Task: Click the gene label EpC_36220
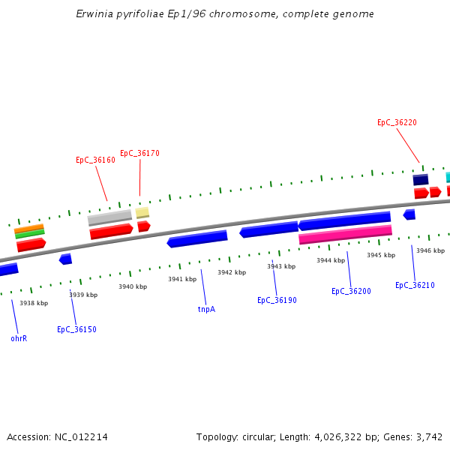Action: coord(397,122)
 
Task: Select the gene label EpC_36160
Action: coord(95,160)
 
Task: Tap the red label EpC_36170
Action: coord(139,153)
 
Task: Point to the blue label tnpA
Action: coord(206,309)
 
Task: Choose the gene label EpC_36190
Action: coord(277,300)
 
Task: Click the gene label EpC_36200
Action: coord(351,291)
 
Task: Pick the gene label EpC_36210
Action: coord(415,285)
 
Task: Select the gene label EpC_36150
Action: coord(76,329)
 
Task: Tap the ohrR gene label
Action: coord(19,338)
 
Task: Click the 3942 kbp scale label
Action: coord(232,272)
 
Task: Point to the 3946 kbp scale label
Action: coord(430,250)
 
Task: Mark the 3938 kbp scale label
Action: coord(34,303)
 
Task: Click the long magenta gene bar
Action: coord(345,235)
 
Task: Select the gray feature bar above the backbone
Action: coord(109,217)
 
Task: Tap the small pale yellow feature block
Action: coord(142,213)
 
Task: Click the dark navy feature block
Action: coord(421,179)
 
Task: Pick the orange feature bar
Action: coord(28,228)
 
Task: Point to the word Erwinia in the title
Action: coord(95,14)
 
